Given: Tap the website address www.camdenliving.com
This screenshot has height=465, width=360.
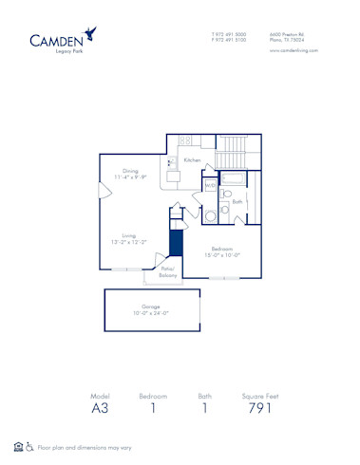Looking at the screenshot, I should (x=293, y=50).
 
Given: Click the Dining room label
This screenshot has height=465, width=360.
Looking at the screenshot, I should (x=130, y=171).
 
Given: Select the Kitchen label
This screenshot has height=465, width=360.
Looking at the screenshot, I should (x=192, y=161).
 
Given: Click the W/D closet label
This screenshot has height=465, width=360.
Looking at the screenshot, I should (x=211, y=186).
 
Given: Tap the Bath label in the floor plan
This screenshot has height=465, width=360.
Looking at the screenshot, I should (x=237, y=201).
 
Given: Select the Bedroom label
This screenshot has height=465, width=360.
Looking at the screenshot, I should (x=224, y=249).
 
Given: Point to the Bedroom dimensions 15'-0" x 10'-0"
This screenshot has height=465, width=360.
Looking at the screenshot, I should (x=224, y=255).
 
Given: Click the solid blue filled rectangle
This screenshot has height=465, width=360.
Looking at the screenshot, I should (x=175, y=242).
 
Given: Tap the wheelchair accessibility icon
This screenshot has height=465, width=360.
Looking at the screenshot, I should (x=29, y=445).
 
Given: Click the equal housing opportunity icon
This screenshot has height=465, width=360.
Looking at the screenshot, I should (x=18, y=445).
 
